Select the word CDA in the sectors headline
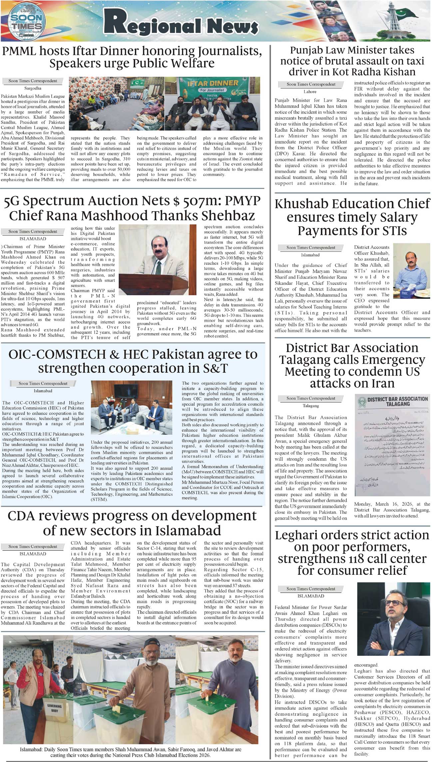coord(22,516)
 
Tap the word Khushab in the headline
coord(306,204)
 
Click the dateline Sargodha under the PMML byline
coord(33,88)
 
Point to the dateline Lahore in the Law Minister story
coord(310,92)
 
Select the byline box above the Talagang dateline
coord(311,398)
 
